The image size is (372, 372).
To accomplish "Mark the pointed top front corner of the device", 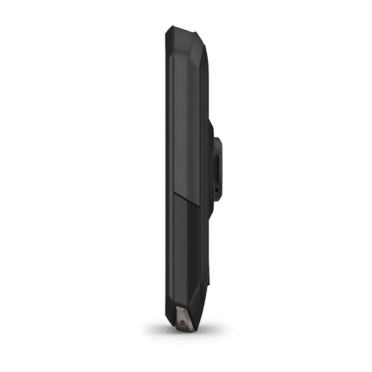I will tap(168, 27).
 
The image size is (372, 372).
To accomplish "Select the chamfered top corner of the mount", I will tap(218, 138).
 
